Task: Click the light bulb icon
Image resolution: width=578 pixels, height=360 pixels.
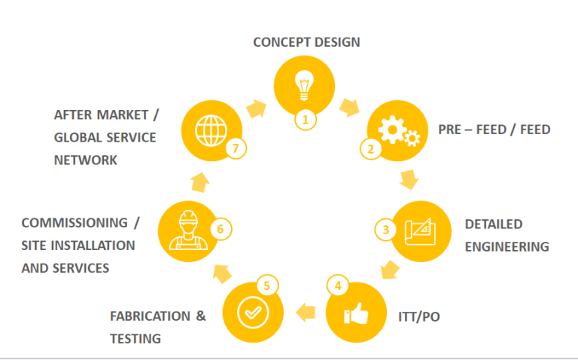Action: (x=303, y=85)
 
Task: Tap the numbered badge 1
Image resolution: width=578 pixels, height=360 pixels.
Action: (x=305, y=119)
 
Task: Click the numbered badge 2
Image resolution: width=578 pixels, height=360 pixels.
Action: (x=370, y=148)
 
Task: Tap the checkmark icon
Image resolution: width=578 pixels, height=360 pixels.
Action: (x=251, y=312)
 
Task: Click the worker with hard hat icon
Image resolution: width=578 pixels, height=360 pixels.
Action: (x=187, y=228)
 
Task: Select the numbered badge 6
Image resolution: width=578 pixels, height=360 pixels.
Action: (x=221, y=228)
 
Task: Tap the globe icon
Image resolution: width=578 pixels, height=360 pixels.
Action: (x=210, y=130)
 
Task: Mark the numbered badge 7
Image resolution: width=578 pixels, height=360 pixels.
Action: (x=236, y=148)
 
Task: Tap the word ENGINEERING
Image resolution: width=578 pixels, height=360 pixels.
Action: (x=507, y=246)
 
